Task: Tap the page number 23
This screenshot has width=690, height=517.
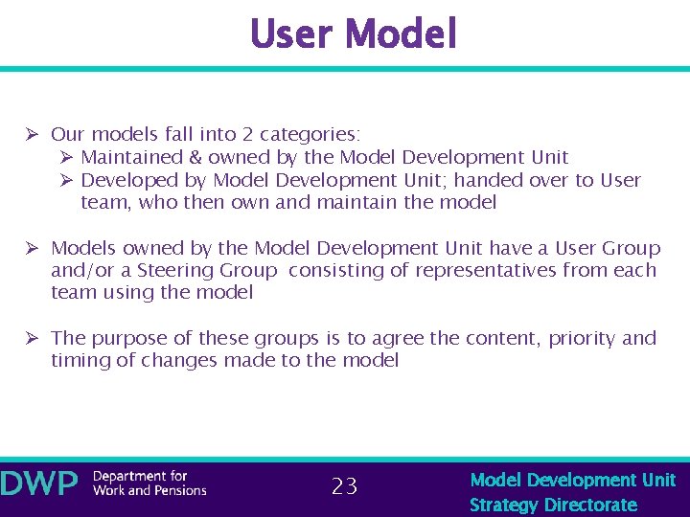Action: (x=344, y=486)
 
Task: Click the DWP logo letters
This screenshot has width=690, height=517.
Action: (x=39, y=483)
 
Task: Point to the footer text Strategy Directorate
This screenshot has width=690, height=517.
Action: (x=553, y=505)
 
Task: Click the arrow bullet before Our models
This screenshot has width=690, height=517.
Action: (x=32, y=134)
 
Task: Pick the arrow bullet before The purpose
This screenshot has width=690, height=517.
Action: (x=32, y=338)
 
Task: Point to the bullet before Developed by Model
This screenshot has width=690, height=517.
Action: (x=66, y=180)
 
